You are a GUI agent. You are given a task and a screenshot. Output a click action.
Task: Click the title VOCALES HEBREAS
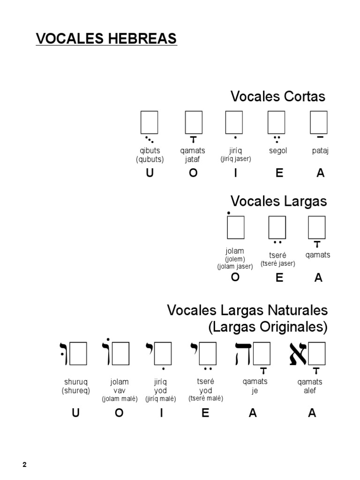point(106,38)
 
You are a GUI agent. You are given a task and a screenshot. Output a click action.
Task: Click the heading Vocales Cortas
point(277,97)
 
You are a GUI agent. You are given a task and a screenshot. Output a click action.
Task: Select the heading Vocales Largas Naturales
point(247,310)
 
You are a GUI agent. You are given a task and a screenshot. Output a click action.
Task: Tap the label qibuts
point(150,151)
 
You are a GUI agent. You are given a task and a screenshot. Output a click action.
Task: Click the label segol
point(278,151)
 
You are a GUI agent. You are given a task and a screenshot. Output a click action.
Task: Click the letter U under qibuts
point(150,173)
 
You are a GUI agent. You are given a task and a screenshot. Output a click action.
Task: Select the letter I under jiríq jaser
point(236,173)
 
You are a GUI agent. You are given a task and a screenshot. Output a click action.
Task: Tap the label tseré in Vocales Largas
point(277,255)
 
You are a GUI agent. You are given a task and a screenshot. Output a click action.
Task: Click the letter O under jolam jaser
point(235,277)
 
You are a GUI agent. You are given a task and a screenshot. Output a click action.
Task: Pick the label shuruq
point(75,382)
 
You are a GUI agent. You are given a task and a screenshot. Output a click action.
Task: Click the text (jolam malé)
point(120,399)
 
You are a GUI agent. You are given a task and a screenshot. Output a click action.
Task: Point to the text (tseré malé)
point(205,398)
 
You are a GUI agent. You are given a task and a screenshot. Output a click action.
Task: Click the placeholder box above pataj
point(319,122)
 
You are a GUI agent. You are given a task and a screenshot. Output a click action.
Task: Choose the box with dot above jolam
point(235,227)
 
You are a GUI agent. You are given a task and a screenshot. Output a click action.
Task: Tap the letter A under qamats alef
point(312,413)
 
